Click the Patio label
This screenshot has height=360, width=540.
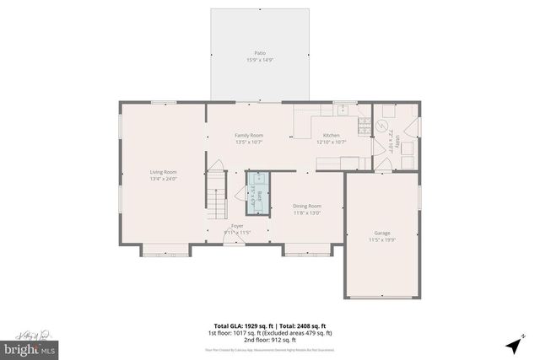click(261, 53)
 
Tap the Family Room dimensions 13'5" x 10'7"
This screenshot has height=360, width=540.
click(249, 142)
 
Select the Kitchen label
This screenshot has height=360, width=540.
click(331, 135)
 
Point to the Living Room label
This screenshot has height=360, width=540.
click(162, 172)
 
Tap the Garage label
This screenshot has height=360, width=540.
click(382, 233)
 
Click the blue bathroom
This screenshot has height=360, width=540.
click(256, 191)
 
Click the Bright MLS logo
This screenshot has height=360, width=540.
click(30, 347)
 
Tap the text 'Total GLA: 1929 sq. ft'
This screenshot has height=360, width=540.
click(240, 325)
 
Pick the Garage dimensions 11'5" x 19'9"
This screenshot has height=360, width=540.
click(382, 240)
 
